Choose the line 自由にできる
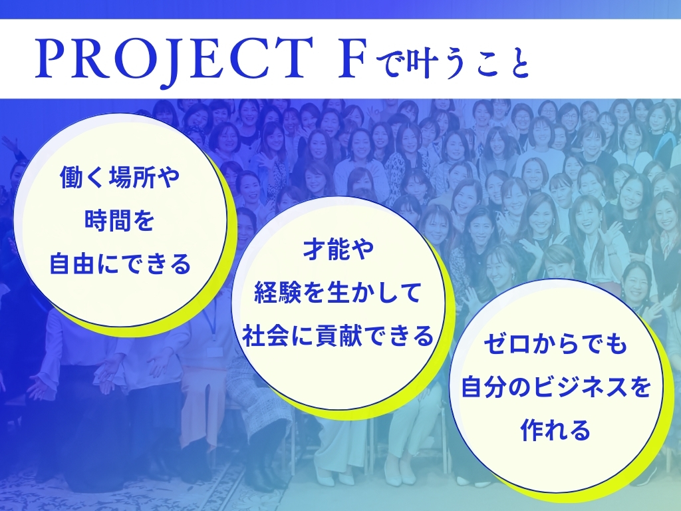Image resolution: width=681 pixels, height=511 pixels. pyautogui.click(x=120, y=263)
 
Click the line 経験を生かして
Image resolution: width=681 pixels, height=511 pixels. pyautogui.click(x=338, y=293)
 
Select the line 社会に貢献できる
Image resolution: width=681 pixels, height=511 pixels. pyautogui.click(x=338, y=335)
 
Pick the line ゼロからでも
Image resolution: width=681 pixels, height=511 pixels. pyautogui.click(x=555, y=344)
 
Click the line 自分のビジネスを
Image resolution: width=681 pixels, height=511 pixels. pyautogui.click(x=555, y=387)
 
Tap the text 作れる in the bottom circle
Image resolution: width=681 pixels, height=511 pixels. pyautogui.click(x=555, y=430)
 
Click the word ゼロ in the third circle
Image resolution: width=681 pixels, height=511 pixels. pyautogui.click(x=507, y=344)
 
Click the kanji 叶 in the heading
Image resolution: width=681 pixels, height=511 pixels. pyautogui.click(x=415, y=63)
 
